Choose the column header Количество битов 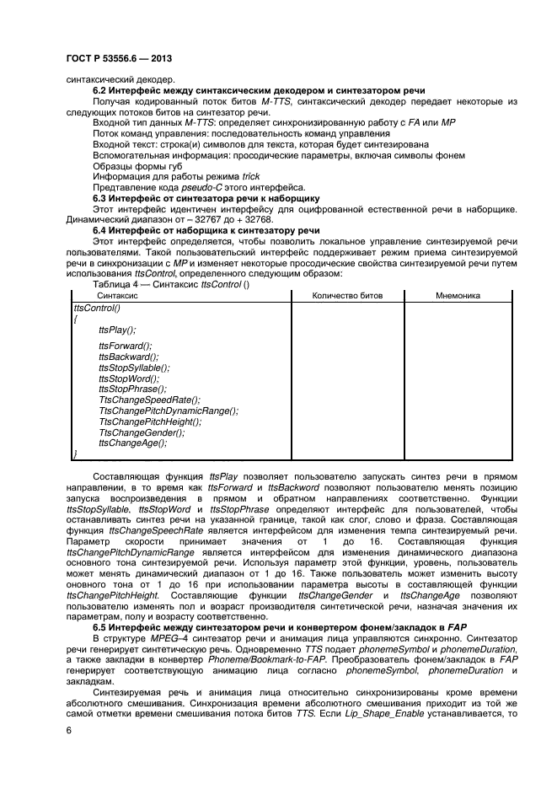point(347,296)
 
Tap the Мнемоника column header point(458,296)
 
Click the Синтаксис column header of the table point(118,296)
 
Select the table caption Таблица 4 point(121,284)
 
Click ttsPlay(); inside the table point(117,330)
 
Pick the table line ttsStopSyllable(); point(134,368)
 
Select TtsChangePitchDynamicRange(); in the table point(168,411)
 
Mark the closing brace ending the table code point(75,454)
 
